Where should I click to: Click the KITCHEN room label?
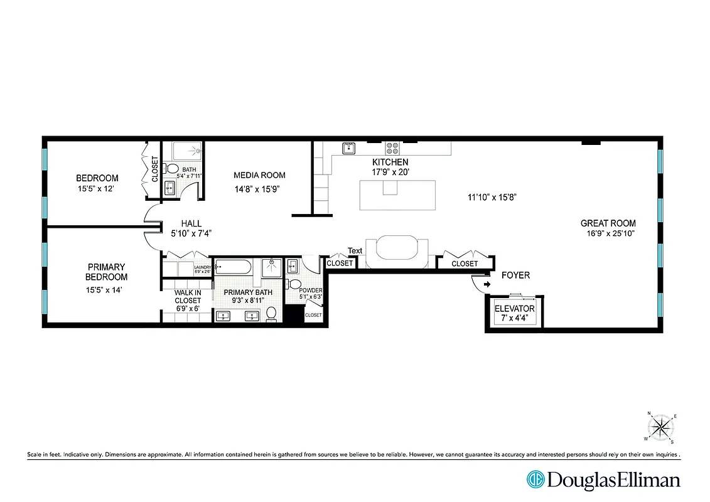(390, 163)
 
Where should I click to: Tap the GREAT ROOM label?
(608, 223)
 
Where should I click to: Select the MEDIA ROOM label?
(259, 176)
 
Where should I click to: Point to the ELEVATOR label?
(514, 309)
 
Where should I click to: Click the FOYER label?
(515, 275)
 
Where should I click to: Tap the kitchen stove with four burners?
(392, 148)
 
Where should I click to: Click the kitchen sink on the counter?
(349, 148)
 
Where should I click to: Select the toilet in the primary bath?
(272, 314)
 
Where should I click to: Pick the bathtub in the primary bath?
(233, 268)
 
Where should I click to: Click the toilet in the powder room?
(294, 284)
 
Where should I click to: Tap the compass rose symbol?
(660, 428)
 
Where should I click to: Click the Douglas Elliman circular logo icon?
(535, 480)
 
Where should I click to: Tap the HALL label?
(191, 223)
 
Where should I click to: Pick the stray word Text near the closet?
(355, 251)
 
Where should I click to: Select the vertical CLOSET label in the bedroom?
(155, 169)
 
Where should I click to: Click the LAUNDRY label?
(202, 267)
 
